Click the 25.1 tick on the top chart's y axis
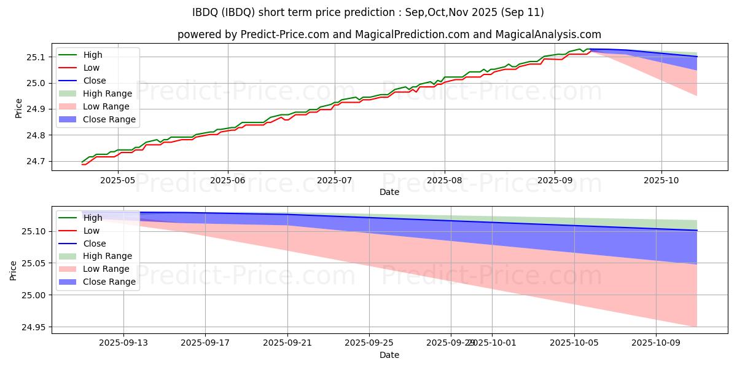click(37, 57)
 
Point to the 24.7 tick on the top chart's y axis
click(37, 161)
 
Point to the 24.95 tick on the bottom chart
click(34, 327)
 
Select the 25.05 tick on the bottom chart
click(34, 263)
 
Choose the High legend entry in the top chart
click(93, 55)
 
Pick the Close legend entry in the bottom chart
click(94, 243)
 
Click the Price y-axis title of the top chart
click(18, 108)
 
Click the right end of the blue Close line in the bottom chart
click(696, 231)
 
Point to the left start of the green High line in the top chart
click(82, 162)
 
